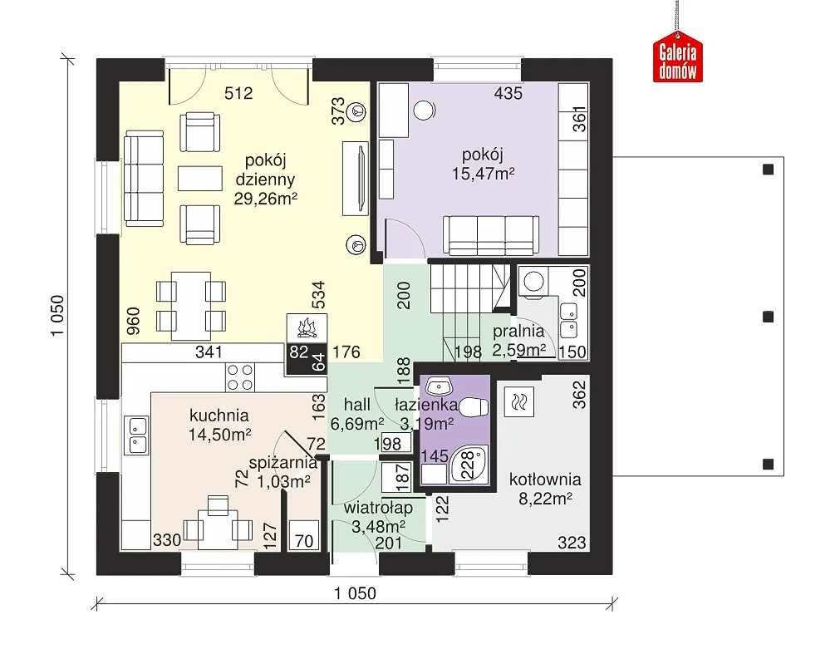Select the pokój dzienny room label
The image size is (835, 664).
click(265, 170)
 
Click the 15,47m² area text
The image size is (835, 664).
click(483, 174)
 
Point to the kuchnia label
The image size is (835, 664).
click(219, 416)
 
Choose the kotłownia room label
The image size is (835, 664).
click(545, 480)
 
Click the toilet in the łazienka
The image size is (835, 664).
click(474, 408)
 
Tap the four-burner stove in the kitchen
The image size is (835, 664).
click(239, 377)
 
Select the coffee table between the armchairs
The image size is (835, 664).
click(199, 179)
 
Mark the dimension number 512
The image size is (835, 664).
click(238, 93)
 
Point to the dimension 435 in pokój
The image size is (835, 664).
click(508, 93)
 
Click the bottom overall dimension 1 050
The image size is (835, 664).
click(355, 593)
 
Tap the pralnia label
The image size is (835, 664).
click(518, 332)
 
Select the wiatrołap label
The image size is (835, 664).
click(378, 508)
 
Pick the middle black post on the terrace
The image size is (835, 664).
click(768, 317)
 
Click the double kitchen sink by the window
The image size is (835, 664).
click(137, 435)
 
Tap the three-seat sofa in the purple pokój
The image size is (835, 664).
click(491, 235)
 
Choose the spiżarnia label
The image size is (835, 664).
click(282, 462)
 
